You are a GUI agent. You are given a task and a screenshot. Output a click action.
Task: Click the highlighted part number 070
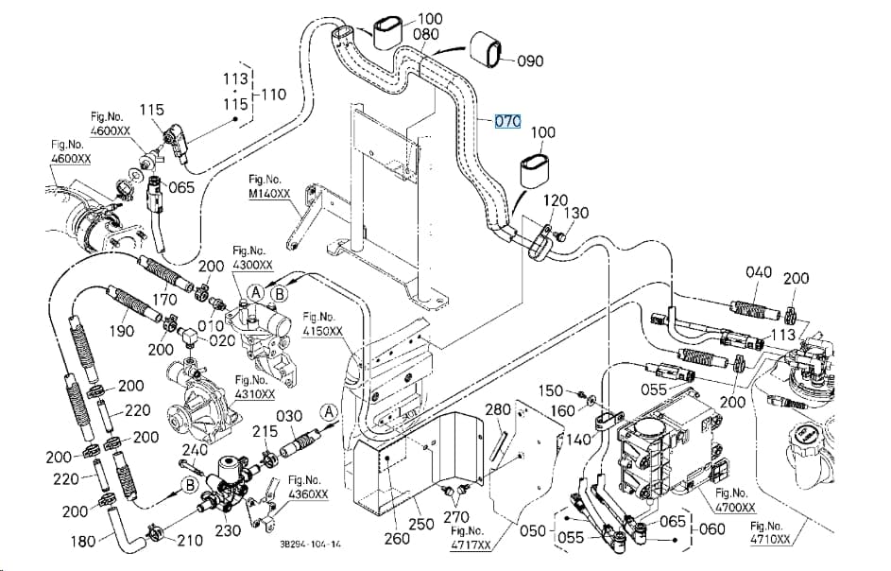pos(507,121)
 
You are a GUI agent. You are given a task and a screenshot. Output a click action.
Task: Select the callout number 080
pos(425,34)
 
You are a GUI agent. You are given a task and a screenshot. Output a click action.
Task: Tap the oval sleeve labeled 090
pos(487,49)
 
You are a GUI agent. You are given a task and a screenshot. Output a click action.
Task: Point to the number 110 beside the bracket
pos(273,94)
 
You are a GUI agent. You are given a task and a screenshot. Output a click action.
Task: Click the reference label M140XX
pos(269,194)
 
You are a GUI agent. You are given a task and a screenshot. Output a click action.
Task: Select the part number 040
pos(759,272)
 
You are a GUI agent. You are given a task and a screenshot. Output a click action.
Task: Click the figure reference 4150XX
pos(322,331)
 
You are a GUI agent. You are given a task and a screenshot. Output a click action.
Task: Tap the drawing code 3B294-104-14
pos(310,544)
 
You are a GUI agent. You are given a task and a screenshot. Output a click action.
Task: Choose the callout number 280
pos(498,409)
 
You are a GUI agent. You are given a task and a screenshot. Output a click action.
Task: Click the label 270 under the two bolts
pos(456,516)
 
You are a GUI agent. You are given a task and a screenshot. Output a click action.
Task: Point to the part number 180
pos(83,541)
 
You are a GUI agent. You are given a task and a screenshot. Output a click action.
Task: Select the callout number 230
pos(228,530)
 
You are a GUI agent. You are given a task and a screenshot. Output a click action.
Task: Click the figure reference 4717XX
pos(471,545)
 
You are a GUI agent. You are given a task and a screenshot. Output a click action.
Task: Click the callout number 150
pos(551,390)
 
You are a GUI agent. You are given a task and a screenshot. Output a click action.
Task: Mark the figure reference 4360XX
pos(308,494)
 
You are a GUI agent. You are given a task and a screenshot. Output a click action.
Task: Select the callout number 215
pos(265,432)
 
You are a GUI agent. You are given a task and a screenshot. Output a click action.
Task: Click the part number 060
pos(712,528)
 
